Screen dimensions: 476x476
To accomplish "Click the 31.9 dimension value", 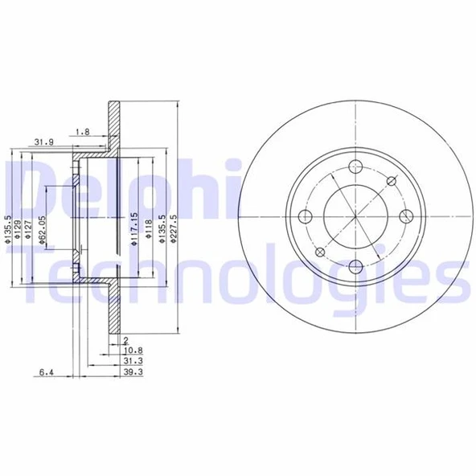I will [44, 142].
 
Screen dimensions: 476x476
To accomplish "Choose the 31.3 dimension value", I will [135, 362].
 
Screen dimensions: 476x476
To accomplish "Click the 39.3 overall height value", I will [135, 372].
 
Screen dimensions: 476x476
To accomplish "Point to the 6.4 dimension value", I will [46, 372].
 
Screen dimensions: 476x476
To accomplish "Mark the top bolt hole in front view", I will [355, 167].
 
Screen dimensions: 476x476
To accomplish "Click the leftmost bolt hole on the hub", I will [305, 216].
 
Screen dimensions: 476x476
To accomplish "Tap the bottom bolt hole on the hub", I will [355, 266].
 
